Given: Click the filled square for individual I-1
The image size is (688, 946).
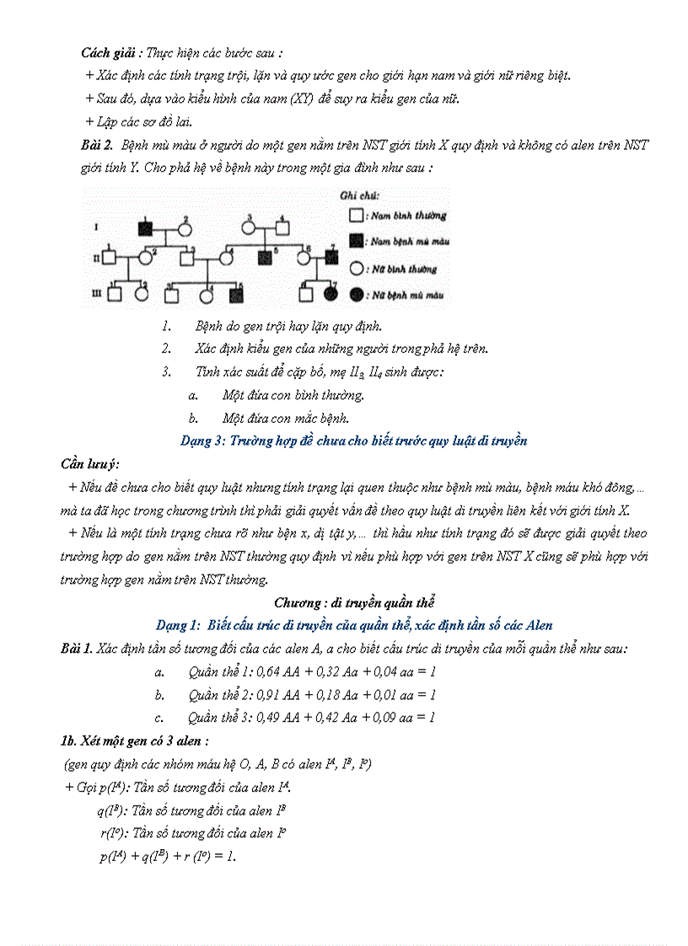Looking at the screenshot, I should (x=145, y=228).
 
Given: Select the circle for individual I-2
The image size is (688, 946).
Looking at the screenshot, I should (x=184, y=228).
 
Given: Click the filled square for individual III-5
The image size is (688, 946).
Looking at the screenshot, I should (x=237, y=294).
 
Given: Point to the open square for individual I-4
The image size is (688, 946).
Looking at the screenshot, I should (x=282, y=227).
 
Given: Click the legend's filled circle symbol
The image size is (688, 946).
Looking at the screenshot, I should (x=356, y=294).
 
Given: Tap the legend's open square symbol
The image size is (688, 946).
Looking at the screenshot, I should (x=356, y=216).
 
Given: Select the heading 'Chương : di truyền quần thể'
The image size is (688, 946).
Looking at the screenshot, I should (x=354, y=602).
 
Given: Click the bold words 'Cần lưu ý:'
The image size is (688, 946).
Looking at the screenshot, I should (x=90, y=464).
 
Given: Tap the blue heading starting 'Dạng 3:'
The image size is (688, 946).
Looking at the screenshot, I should (x=354, y=441).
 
